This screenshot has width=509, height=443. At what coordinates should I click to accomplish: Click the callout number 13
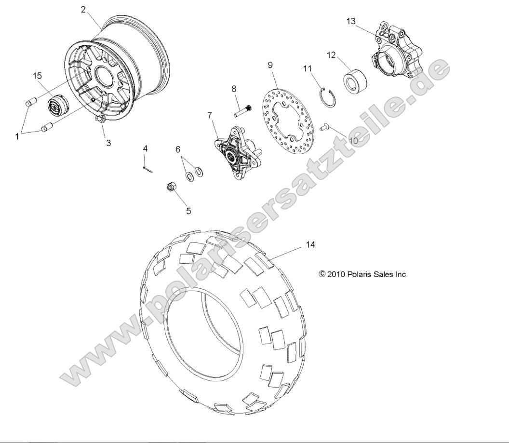click(351, 21)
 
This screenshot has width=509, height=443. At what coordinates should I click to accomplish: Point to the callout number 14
click(310, 245)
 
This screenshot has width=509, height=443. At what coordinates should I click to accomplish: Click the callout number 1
click(17, 136)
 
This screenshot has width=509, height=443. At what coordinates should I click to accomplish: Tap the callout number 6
click(178, 149)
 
